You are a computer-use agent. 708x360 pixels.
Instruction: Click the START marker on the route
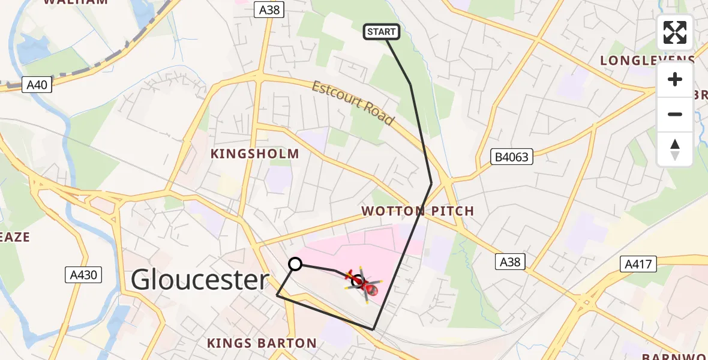pos(382,32)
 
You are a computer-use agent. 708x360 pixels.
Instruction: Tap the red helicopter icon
pos(362,284)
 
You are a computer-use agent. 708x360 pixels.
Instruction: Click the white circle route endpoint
pos(295,264)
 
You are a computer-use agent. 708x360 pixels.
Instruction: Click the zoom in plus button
pos(675,80)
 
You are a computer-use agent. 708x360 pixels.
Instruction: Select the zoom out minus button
pos(675,115)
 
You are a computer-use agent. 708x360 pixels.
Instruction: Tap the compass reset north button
pos(675,149)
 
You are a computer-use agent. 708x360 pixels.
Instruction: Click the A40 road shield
pos(37,85)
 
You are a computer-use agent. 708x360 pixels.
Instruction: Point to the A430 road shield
pos(83,275)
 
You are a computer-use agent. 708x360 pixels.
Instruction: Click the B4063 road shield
pos(512,157)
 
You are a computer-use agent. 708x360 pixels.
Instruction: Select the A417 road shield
pos(640,263)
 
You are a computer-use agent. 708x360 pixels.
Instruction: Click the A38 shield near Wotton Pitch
pos(511,261)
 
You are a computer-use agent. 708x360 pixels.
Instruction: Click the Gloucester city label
pos(200,280)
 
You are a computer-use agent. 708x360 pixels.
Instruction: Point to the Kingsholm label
pos(254,154)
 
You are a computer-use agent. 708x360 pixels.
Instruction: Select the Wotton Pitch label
pos(418,211)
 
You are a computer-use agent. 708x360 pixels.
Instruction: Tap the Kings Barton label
pos(262,343)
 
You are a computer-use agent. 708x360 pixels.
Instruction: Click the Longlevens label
pos(647,61)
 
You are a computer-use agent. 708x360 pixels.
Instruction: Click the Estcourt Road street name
pos(353,103)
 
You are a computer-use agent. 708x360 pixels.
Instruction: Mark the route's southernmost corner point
pos(373,329)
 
